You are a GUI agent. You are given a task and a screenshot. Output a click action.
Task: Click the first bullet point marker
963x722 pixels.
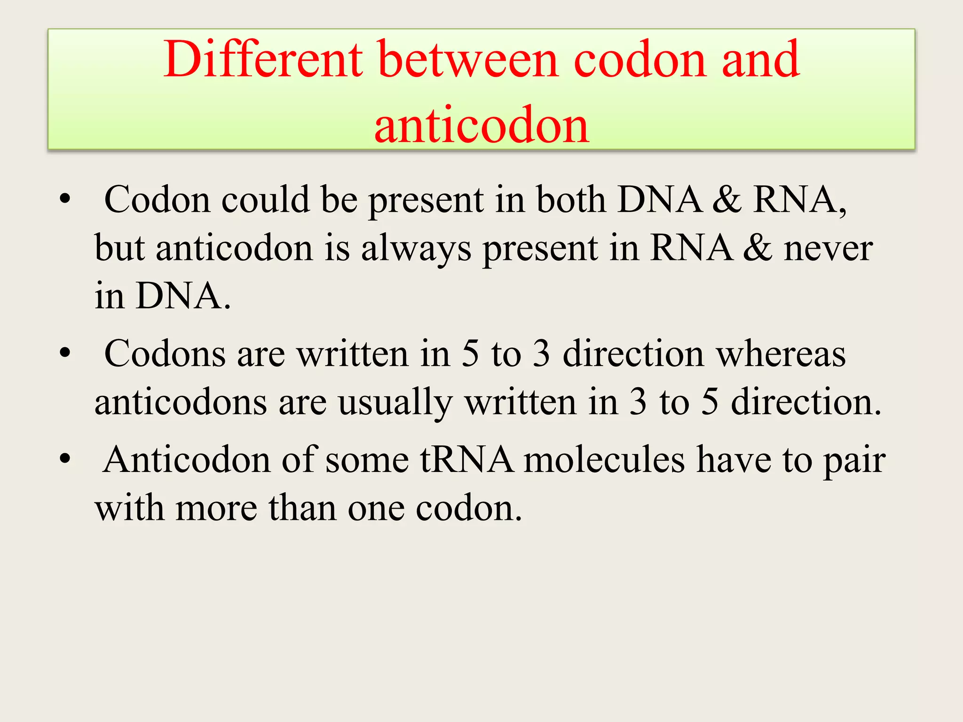[65, 199]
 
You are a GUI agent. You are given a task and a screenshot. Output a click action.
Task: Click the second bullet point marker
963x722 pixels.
[65, 353]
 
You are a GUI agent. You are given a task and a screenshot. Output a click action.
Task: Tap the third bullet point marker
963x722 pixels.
[65, 459]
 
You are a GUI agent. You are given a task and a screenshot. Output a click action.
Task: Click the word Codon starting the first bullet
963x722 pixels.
[157, 200]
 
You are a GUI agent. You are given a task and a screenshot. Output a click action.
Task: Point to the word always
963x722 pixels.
[416, 248]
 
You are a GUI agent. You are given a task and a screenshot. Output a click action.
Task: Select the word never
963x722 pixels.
[828, 248]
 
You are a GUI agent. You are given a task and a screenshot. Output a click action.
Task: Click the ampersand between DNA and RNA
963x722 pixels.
[726, 200]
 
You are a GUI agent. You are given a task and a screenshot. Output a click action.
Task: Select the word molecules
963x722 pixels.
[604, 460]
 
